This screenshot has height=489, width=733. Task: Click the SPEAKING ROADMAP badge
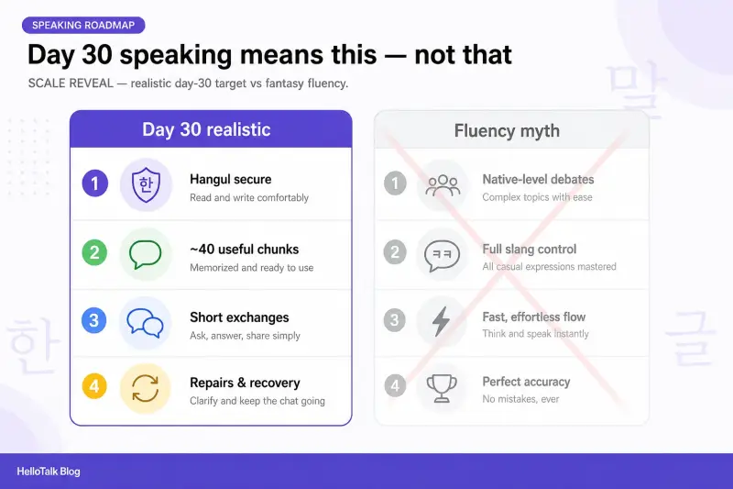coord(83,26)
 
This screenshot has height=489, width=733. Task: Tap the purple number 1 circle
coord(95,183)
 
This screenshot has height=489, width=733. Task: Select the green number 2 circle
coord(94,252)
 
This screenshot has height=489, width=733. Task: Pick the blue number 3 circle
coord(94,320)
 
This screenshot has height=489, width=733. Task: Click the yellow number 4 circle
coord(94,386)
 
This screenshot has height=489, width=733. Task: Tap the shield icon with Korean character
coord(146,184)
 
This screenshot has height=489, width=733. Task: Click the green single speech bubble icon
coord(145,254)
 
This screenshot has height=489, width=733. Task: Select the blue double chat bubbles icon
coord(145,323)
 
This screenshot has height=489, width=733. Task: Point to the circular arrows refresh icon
coord(145,389)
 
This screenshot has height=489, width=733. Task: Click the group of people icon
coord(443,185)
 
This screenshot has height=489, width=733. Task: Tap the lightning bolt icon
coord(441,321)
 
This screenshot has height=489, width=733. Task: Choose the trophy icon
coord(442,388)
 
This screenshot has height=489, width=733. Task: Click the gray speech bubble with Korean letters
coord(442,255)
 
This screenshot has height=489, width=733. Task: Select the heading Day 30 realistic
coord(206,129)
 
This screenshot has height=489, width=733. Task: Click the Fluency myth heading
coord(507,131)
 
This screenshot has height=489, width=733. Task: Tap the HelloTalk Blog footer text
coord(49,472)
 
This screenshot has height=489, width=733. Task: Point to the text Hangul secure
coord(231,179)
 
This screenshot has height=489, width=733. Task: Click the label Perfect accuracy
coord(526,382)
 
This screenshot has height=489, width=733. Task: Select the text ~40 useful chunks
coord(244,249)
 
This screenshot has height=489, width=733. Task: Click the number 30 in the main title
coord(97,55)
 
